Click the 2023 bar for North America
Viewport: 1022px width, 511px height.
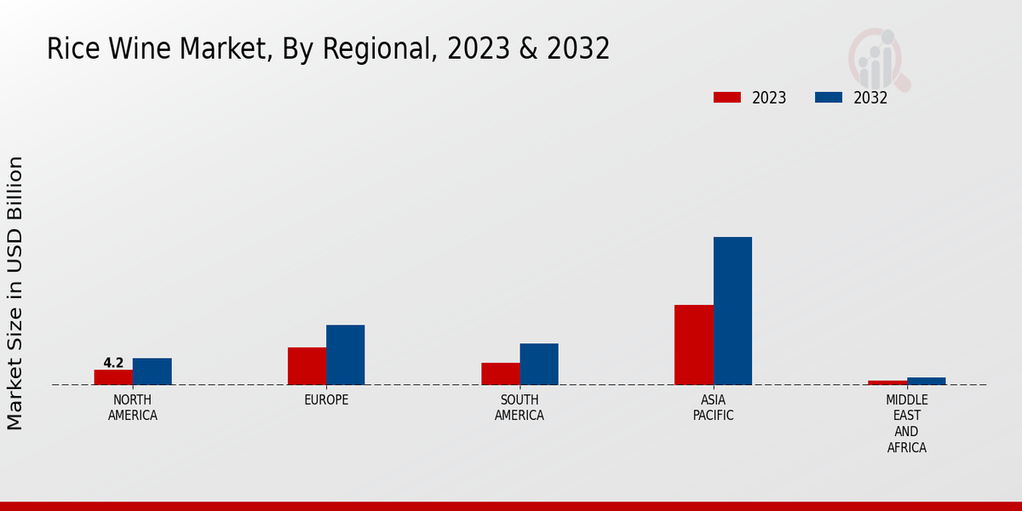113,376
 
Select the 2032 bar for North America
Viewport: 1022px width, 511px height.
152,371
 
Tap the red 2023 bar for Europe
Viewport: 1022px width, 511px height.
307,365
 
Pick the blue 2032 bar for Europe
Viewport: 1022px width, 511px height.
345,354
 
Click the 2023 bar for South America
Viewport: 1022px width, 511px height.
500,373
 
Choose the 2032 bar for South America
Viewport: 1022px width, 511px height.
539,364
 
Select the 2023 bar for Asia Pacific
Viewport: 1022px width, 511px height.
693,344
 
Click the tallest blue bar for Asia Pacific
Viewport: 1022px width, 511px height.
732,310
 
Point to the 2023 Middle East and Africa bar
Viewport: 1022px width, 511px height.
887,382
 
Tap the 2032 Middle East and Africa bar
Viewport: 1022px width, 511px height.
926,381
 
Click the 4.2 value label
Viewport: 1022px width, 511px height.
113,363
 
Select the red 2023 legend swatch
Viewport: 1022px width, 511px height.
726,97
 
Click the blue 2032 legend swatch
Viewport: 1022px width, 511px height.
828,97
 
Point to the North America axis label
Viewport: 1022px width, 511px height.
133,408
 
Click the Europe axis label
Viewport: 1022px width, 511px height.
326,400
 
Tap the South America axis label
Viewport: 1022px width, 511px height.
520,408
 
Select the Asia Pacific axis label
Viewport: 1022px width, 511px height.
713,408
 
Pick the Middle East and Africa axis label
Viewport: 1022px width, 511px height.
906,424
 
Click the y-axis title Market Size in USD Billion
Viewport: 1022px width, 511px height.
15,293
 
